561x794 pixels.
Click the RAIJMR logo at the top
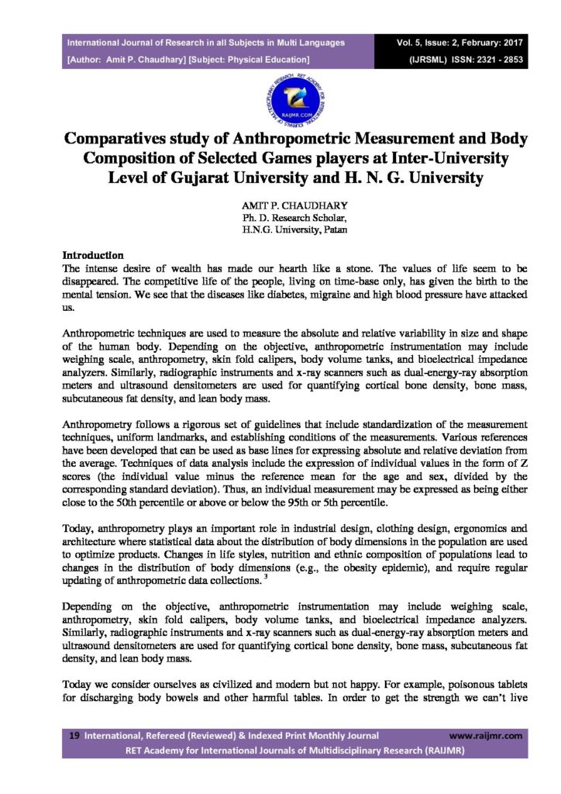pyautogui.click(x=280, y=98)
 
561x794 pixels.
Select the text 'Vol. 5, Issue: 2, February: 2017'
pyautogui.click(x=459, y=43)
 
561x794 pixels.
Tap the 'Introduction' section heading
pyautogui.click(x=93, y=255)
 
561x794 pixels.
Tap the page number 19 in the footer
pyautogui.click(x=74, y=735)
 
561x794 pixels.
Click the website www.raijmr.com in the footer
pyautogui.click(x=486, y=735)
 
